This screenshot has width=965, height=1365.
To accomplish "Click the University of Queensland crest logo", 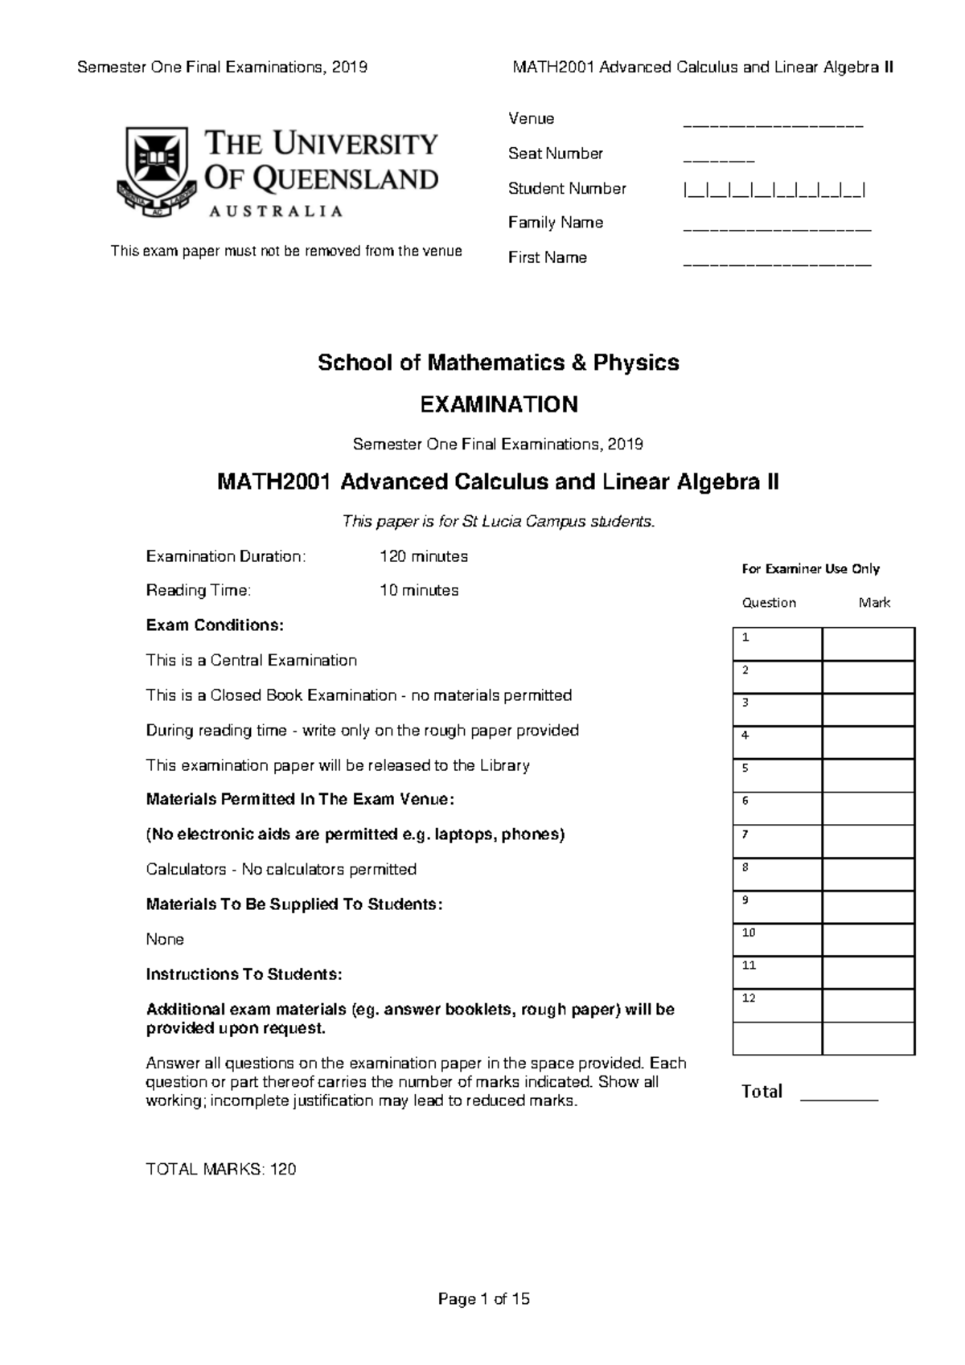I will [x=154, y=171].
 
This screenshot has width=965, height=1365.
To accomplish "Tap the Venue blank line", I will [x=773, y=125].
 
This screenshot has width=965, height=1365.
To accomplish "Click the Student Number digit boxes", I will [x=774, y=191].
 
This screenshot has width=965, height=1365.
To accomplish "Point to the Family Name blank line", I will [x=777, y=229].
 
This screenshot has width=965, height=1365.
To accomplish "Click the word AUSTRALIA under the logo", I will [x=276, y=211].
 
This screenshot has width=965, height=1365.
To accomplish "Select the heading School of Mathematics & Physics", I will [x=498, y=363].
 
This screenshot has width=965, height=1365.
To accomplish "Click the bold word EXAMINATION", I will [x=499, y=404].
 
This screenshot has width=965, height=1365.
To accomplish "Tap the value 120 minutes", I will [x=424, y=556].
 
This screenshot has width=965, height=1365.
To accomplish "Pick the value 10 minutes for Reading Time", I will [x=419, y=590].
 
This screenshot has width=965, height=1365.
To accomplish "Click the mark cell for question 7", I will [x=868, y=841].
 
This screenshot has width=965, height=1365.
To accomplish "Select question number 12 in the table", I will [x=749, y=998].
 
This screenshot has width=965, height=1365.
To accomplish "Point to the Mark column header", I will [x=874, y=603].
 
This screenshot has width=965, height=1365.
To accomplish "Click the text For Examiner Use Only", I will [x=810, y=569].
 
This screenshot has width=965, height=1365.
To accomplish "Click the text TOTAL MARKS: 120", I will [x=221, y=1170].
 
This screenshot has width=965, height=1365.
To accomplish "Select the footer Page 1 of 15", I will [x=483, y=1299].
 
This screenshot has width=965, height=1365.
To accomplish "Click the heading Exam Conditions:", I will [x=215, y=625].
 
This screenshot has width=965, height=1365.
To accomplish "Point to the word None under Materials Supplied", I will [x=165, y=939].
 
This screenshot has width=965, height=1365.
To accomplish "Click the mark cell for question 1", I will [x=868, y=644].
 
